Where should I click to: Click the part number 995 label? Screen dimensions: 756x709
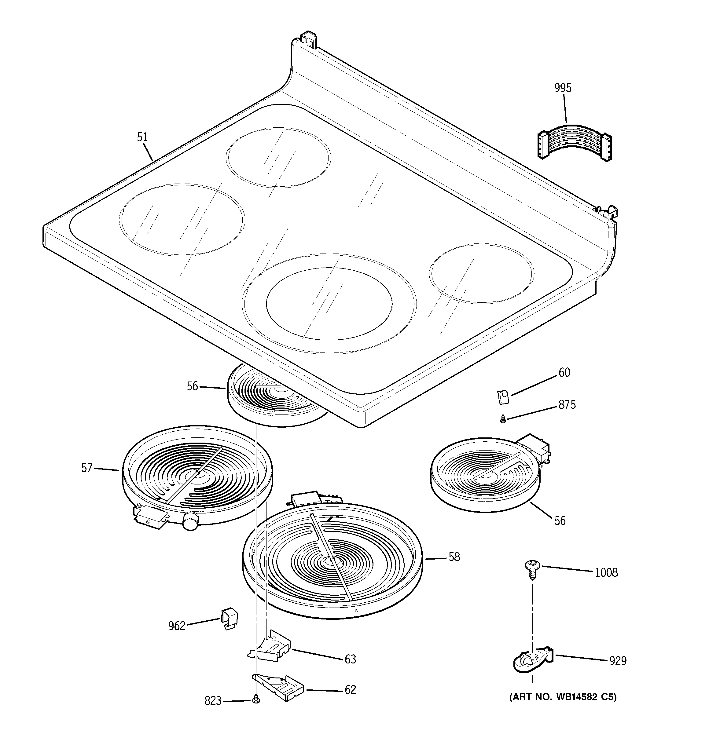tap(563, 88)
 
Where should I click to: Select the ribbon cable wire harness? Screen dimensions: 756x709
tap(574, 144)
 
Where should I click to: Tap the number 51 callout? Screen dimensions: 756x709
tap(142, 137)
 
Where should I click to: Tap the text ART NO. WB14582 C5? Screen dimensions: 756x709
tap(563, 697)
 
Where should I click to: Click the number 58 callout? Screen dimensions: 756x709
tap(454, 557)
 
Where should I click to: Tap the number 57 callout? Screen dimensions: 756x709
tap(87, 468)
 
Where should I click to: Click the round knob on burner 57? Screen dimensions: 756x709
tap(190, 520)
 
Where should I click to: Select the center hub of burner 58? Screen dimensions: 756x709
tap(331, 561)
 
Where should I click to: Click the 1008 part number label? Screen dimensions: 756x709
tap(606, 573)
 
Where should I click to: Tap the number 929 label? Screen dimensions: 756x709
tap(617, 661)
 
